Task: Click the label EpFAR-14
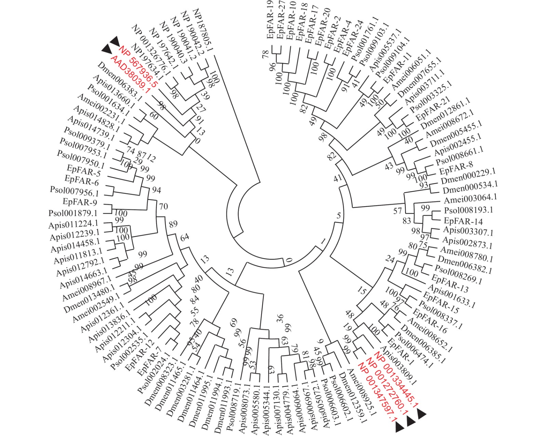point(463,221)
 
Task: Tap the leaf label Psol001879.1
point(73,213)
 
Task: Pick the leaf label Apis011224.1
point(73,225)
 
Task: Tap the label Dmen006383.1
point(117,82)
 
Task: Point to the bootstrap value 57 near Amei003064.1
point(397,211)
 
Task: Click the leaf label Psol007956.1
point(74,191)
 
